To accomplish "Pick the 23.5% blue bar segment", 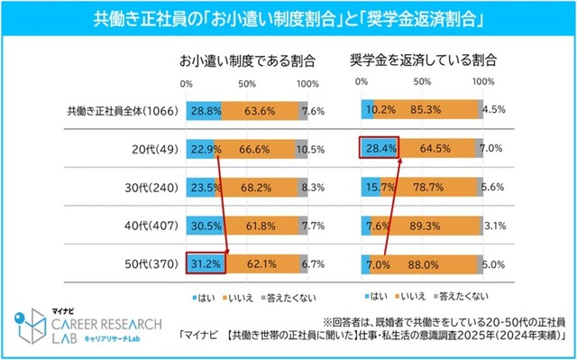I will point(201,189).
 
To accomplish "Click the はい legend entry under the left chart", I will point(199,295).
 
